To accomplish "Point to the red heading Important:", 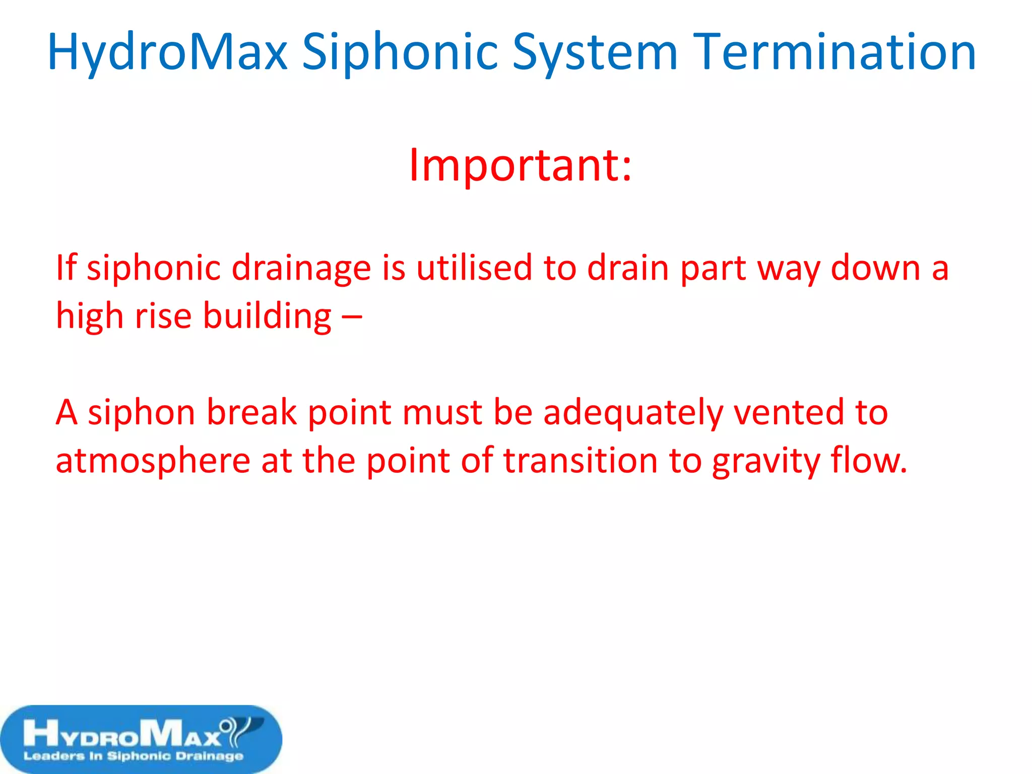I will point(520,165).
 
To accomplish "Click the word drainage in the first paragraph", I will point(301,268).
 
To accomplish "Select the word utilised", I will point(474,268).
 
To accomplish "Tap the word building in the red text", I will point(267,316).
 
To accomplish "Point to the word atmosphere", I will point(153,461).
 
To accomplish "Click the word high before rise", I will point(89,316).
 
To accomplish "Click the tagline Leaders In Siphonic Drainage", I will point(134,756).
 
